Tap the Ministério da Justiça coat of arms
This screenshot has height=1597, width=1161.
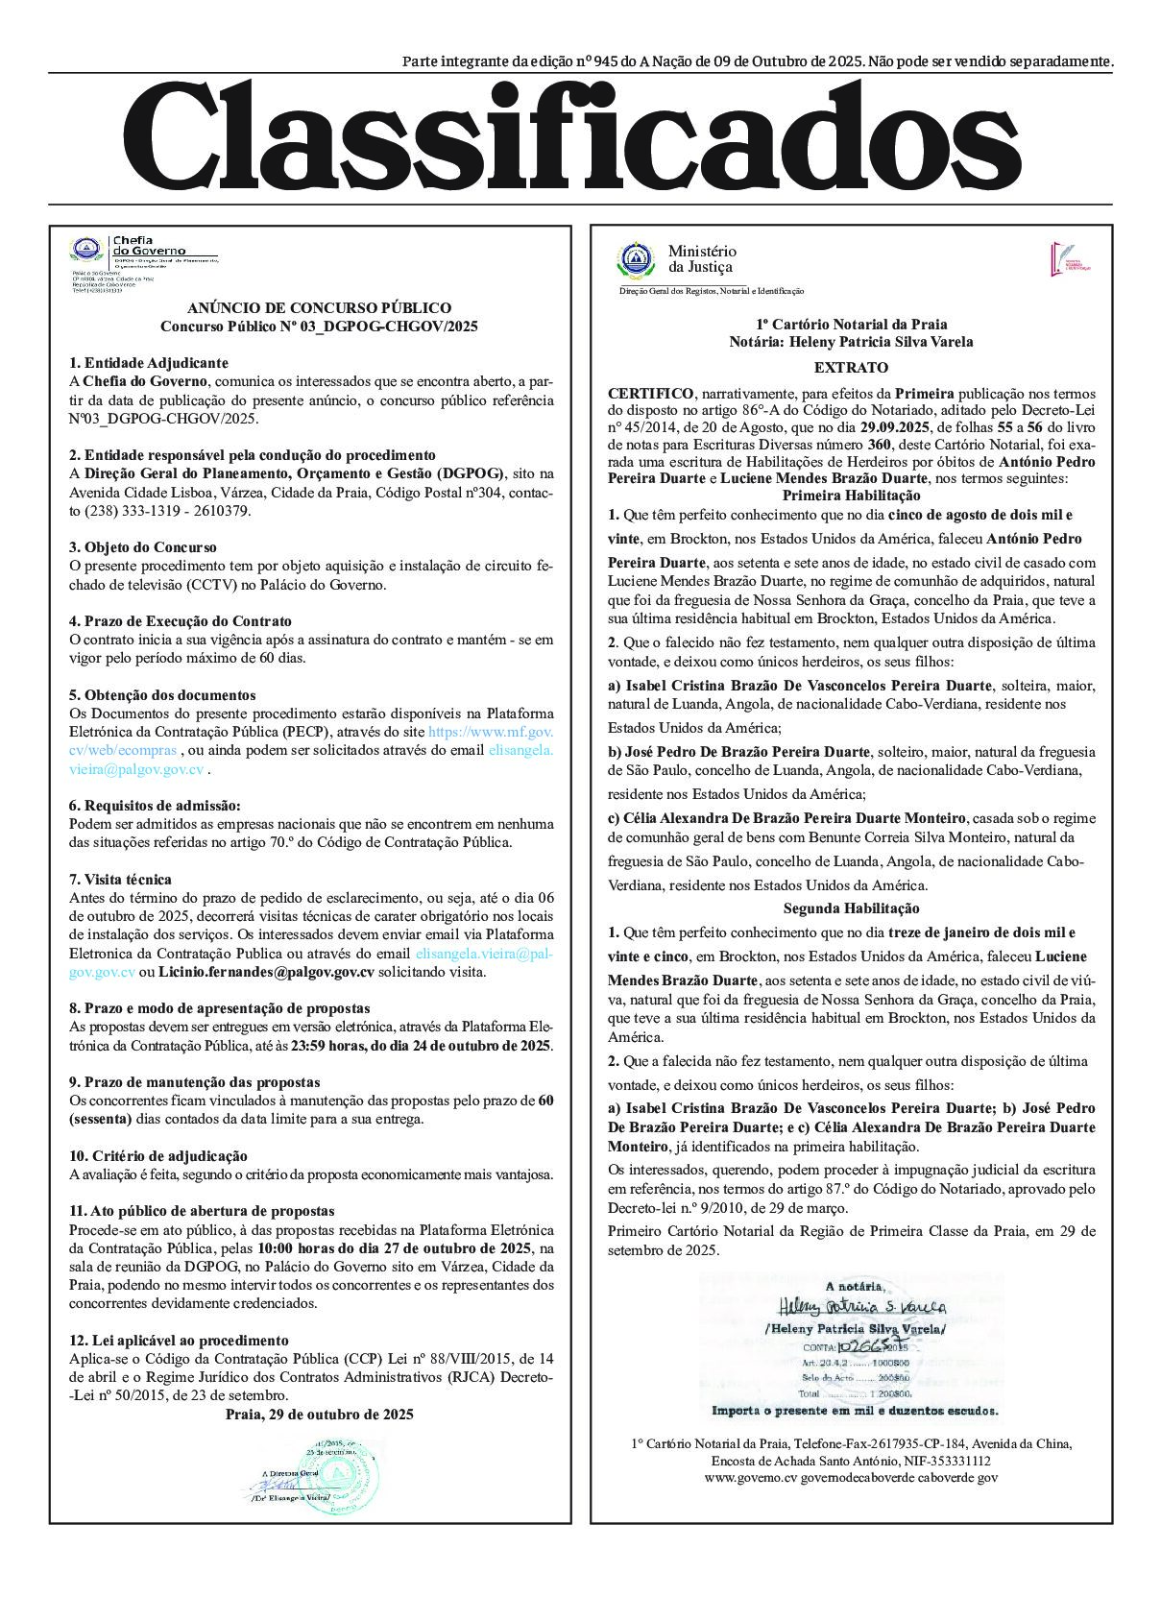point(635,259)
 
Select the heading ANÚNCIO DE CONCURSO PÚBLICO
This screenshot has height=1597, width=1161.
point(319,307)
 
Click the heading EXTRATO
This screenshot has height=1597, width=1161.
point(851,367)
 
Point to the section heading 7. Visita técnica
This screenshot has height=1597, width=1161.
point(120,879)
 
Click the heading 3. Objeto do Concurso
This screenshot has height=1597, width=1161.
point(143,546)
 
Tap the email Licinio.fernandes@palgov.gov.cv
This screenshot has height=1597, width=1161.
point(266,972)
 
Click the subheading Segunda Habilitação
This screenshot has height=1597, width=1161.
point(851,907)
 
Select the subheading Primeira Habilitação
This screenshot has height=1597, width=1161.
point(851,496)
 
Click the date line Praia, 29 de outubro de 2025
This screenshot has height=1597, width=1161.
point(319,1414)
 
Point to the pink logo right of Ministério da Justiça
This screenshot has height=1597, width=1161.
point(1066,258)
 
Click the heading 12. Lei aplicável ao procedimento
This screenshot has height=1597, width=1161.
point(179,1340)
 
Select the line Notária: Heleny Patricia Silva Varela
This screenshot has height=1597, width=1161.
point(851,342)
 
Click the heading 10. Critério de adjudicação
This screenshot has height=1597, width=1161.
point(158,1155)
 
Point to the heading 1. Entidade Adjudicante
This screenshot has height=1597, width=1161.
point(149,363)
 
